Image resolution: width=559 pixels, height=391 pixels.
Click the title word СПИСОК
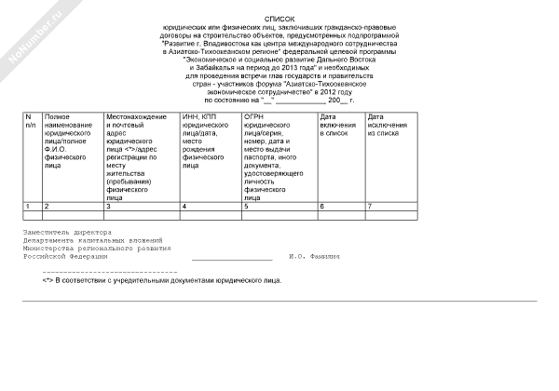click(279, 18)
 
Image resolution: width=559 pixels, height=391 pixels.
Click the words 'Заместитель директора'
click(67, 232)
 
